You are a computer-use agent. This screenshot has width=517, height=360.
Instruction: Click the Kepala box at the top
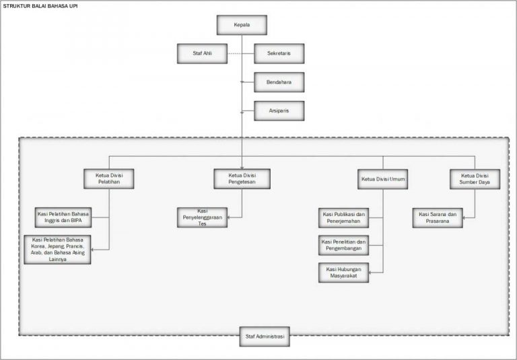tap(242, 25)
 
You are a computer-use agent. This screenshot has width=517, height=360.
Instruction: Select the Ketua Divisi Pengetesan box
tap(242, 178)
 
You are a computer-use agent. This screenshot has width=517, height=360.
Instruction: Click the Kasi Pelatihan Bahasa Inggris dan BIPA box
tap(63, 217)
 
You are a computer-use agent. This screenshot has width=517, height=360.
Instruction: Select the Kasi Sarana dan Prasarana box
tap(438, 217)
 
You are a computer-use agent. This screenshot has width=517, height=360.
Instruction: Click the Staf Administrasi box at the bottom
tap(265, 335)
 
